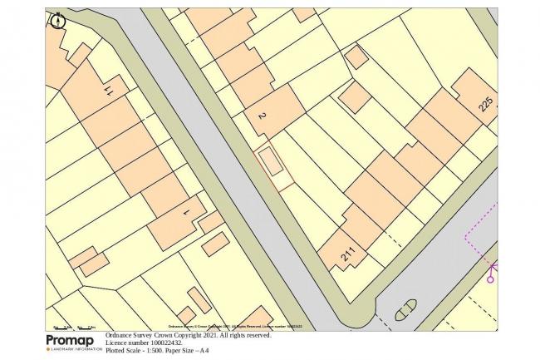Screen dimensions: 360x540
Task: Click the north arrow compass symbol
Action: click(56, 20)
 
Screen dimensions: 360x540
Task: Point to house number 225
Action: click(487, 103)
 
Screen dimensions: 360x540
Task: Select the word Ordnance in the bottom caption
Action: click(120, 335)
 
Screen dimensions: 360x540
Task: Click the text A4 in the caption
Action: click(204, 351)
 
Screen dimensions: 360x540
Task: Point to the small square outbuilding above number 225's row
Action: click(356, 57)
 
